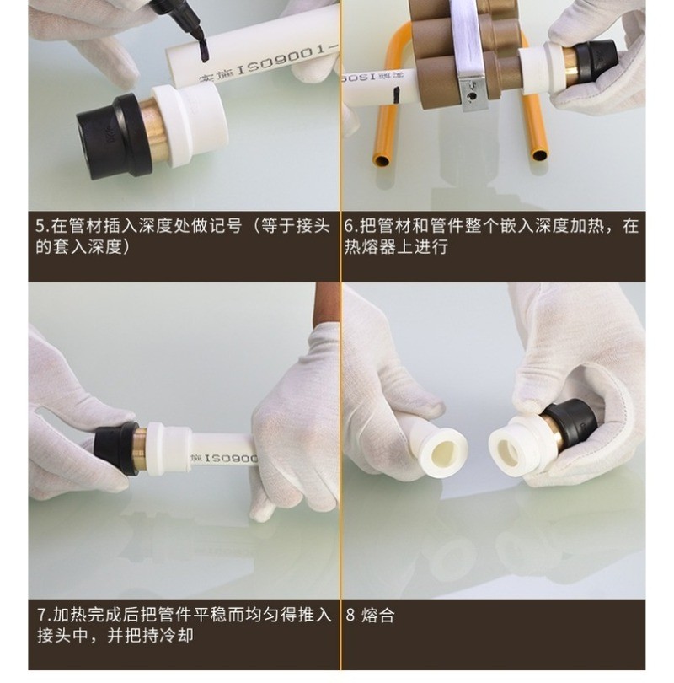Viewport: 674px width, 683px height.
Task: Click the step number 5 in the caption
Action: click(x=41, y=227)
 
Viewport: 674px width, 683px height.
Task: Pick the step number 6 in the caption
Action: click(x=350, y=227)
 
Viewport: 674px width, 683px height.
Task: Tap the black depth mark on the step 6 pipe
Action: click(x=396, y=94)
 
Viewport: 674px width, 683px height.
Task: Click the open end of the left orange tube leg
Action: click(x=382, y=160)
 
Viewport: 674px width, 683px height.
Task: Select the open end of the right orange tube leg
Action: click(x=539, y=154)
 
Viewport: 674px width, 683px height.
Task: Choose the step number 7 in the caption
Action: click(x=43, y=615)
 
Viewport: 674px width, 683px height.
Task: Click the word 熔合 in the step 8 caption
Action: click(x=377, y=616)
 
